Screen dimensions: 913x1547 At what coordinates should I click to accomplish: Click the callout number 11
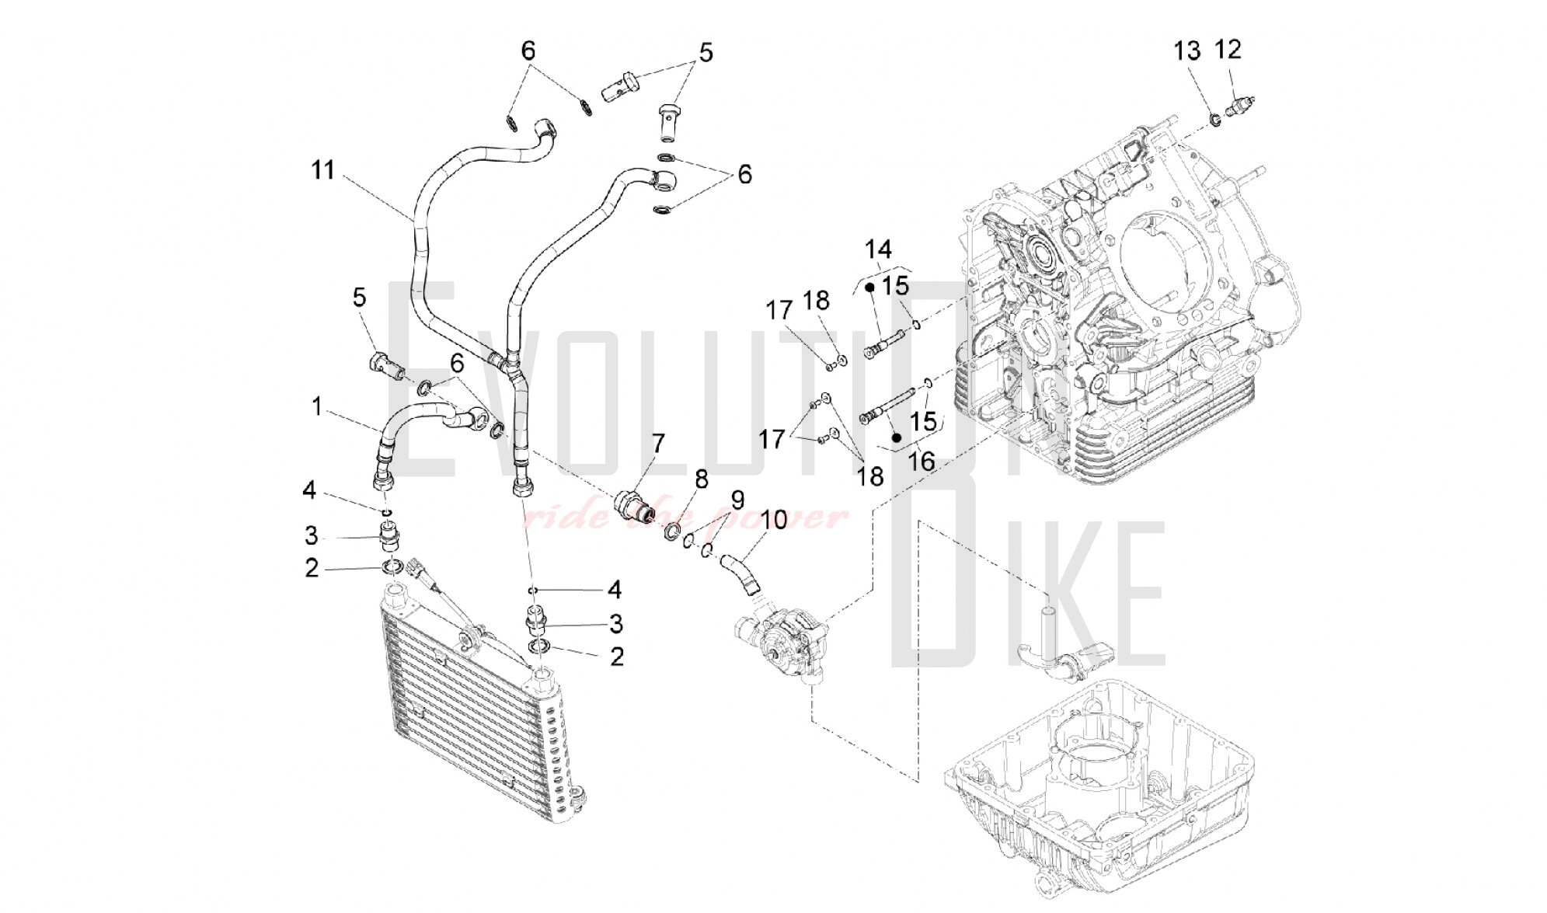pos(322,169)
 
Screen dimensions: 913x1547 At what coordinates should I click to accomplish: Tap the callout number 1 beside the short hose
pos(316,406)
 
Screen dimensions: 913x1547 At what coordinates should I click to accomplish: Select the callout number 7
pos(658,444)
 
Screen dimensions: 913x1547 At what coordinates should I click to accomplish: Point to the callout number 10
pos(774,519)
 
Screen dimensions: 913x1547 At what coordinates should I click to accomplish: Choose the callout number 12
pos(1228,50)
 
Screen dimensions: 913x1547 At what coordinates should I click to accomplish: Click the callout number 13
pos(1186,51)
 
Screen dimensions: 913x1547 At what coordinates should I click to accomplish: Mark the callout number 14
pos(878,249)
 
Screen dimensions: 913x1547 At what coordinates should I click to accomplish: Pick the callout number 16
pos(922,462)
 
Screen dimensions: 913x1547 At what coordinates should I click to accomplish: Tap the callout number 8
pos(702,479)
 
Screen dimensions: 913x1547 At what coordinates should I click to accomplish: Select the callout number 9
pos(737,498)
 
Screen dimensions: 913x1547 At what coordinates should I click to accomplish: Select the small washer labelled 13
pos(1214,120)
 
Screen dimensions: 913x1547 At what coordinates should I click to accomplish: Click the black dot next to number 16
pos(896,437)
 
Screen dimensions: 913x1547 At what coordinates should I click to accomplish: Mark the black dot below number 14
pos(870,287)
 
